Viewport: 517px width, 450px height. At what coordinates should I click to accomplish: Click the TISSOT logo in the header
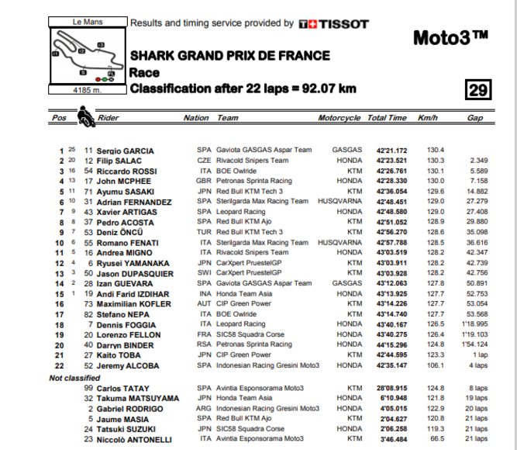pos(333,24)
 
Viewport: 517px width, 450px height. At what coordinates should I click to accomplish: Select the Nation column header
pos(196,119)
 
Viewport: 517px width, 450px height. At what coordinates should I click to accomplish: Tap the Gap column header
pos(474,119)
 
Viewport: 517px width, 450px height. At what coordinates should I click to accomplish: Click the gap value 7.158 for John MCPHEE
pos(478,181)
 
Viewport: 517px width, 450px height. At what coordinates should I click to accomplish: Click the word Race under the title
pos(145,72)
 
